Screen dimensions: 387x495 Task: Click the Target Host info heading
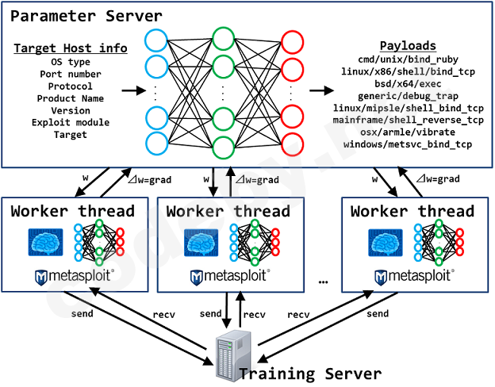point(70,48)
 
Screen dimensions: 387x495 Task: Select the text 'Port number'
point(70,74)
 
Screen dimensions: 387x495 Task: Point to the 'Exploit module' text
point(70,122)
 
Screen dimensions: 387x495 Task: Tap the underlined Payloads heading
point(408,46)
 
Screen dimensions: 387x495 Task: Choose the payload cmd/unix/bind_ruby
point(408,61)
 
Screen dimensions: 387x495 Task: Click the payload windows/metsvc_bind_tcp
point(408,144)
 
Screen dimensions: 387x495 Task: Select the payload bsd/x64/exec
point(408,84)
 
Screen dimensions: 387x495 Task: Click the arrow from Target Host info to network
point(127,91)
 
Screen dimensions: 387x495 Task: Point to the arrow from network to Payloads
point(320,91)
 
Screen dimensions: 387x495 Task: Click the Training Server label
point(310,374)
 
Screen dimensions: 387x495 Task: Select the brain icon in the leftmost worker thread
point(45,243)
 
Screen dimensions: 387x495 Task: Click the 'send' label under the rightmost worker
point(378,313)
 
